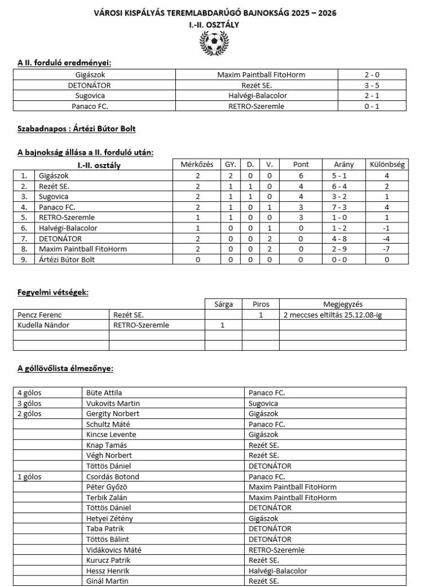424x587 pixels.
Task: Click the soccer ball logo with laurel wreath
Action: coord(212,43)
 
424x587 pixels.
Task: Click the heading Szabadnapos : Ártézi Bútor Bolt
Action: coord(76,129)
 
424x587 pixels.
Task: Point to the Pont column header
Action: coord(300,165)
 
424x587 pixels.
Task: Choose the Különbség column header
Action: coord(387,165)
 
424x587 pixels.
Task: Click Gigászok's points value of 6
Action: coord(300,175)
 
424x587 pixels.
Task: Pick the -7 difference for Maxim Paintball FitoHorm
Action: coord(387,249)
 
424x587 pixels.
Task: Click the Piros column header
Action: coord(260,304)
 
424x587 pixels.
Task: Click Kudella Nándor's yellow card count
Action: coord(223,325)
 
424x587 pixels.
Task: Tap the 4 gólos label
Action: coord(30,393)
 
